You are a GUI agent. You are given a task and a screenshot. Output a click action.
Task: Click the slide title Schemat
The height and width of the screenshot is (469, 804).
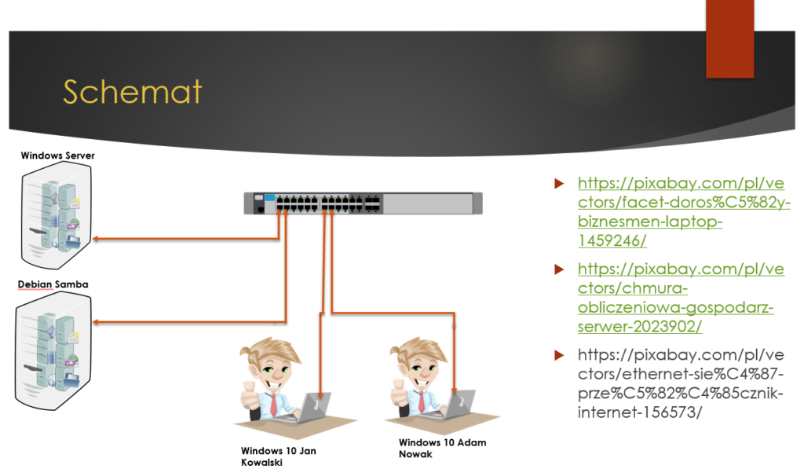click(x=132, y=93)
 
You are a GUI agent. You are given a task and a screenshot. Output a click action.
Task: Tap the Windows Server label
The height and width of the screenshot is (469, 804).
click(x=57, y=156)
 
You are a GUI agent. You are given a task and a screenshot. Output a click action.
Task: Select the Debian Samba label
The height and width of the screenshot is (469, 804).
click(x=53, y=284)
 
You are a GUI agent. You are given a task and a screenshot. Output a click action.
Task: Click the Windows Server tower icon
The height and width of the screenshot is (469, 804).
click(x=57, y=215)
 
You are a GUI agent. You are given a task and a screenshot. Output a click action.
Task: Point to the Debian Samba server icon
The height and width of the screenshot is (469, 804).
click(x=53, y=351)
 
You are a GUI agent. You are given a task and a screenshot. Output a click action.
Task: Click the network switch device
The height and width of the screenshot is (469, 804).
click(x=363, y=203)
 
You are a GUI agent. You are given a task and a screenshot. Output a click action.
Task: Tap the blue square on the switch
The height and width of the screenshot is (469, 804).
click(x=270, y=197)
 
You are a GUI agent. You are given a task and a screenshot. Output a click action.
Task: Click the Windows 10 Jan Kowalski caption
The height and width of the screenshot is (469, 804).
click(x=279, y=456)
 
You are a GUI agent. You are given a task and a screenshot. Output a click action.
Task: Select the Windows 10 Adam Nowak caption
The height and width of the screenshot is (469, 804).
click(x=442, y=448)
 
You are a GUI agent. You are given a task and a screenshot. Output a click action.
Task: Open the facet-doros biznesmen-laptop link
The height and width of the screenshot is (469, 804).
click(x=684, y=212)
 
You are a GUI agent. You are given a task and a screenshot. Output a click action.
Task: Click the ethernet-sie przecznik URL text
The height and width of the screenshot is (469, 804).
click(x=681, y=383)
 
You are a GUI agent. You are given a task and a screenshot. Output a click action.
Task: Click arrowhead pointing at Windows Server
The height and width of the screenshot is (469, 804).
click(x=96, y=239)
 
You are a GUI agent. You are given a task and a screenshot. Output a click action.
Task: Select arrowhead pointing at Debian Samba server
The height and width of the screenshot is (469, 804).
click(x=96, y=322)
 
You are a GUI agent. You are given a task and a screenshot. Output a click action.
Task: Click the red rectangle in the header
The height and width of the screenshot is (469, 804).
click(x=729, y=39)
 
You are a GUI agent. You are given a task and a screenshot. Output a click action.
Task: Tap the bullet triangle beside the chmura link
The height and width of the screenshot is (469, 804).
click(x=559, y=269)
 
